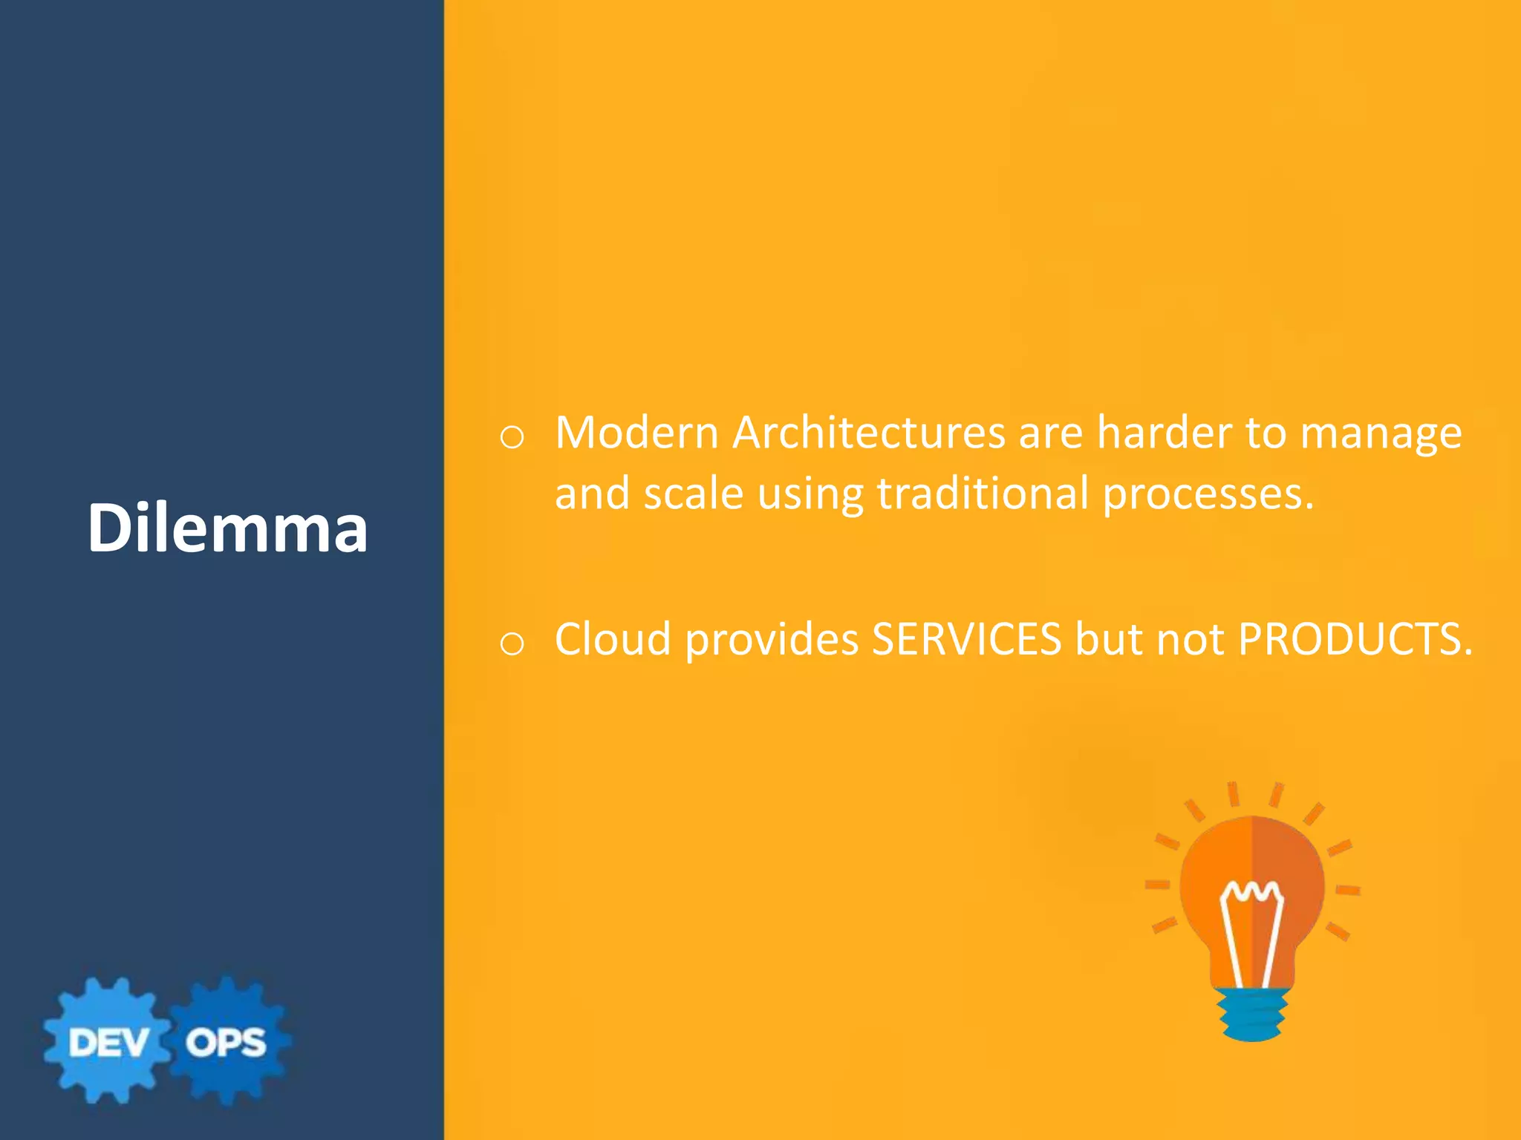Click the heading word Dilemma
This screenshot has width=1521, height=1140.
pos(227,528)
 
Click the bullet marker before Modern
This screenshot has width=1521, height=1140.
pos(512,438)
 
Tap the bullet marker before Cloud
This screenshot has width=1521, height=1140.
pos(512,643)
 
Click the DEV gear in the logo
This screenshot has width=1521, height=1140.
pos(108,1041)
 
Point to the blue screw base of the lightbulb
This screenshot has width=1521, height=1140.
pos(1253,1013)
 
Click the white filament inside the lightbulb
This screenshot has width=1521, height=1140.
pos(1252,928)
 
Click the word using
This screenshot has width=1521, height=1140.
pos(810,496)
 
